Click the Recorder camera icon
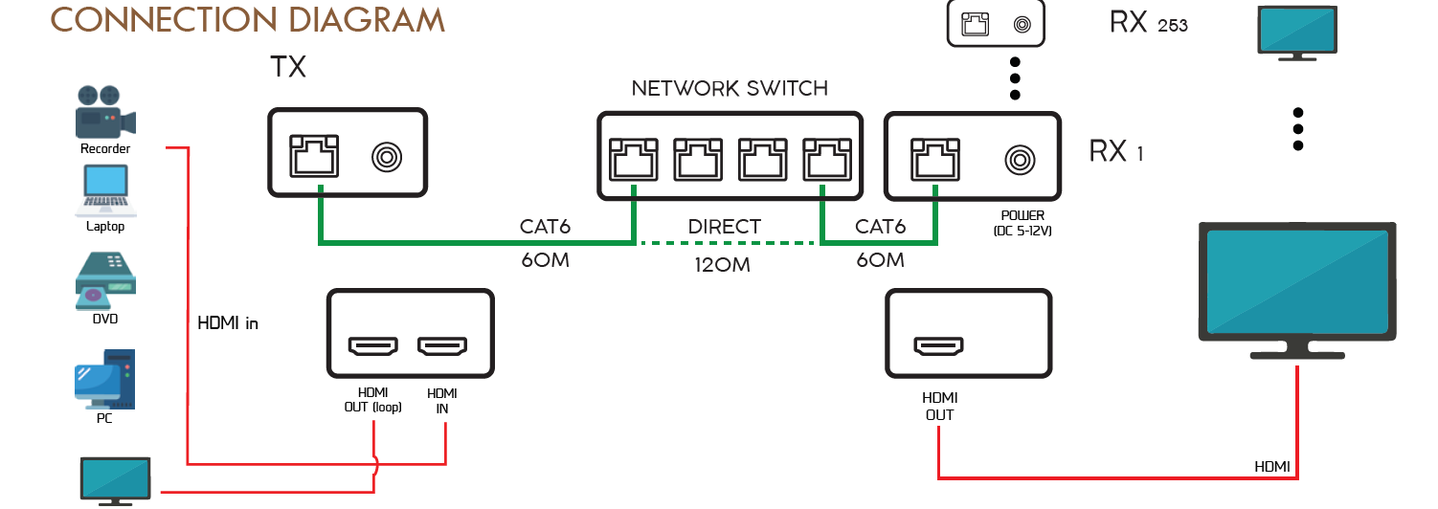click(x=104, y=112)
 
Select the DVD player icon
click(x=105, y=277)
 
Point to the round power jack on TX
click(x=387, y=156)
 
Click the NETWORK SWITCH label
click(x=730, y=89)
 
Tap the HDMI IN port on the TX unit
click(x=441, y=345)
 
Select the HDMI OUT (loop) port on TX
click(x=372, y=345)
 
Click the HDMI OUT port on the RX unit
click(x=939, y=345)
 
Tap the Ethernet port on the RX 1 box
click(x=934, y=156)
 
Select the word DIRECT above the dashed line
click(x=725, y=228)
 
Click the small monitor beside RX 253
click(x=1296, y=31)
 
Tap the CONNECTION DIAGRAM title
click(x=247, y=20)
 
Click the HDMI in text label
click(x=228, y=323)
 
